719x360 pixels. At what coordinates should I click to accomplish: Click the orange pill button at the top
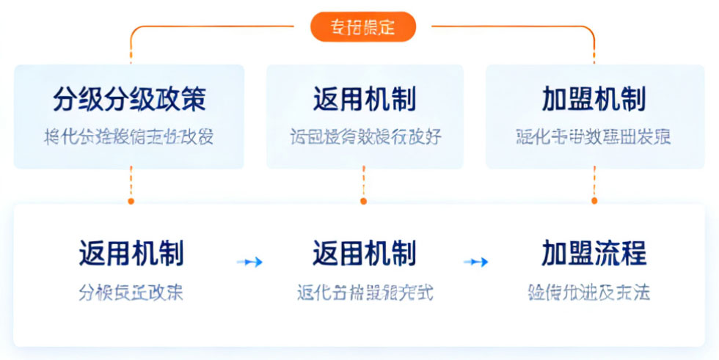pos(362,27)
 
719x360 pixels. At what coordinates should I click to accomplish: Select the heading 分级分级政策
pos(129,99)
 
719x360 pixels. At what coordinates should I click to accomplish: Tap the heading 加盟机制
pos(594,99)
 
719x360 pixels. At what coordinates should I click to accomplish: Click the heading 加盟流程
pos(594,254)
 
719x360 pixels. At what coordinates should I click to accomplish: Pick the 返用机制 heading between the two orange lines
pos(364,99)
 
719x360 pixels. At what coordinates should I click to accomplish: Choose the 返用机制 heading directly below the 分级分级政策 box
pos(131,254)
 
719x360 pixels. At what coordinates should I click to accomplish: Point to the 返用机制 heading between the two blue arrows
pos(364,254)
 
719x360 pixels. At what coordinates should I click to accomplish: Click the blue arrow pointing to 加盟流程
pos(476,262)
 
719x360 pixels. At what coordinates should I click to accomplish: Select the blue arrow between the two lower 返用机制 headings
pos(249,262)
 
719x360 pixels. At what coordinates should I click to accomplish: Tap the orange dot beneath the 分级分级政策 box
pos(131,200)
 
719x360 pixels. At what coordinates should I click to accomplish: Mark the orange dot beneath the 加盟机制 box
pos(594,200)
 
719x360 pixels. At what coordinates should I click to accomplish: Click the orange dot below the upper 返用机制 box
pos(363,200)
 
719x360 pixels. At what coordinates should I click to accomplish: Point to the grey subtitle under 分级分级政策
pos(129,137)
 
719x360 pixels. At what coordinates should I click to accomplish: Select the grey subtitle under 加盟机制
pos(594,137)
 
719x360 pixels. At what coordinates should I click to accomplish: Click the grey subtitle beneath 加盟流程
pos(588,293)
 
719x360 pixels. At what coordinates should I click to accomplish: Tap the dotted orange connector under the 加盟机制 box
pos(594,183)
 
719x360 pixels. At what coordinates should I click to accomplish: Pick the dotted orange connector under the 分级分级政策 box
pos(131,183)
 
